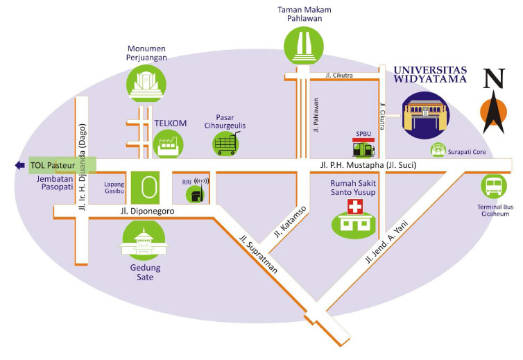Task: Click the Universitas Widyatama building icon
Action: pos(425,115)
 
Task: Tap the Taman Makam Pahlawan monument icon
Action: pos(304,46)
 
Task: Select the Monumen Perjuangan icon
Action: pos(146,83)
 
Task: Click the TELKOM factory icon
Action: pos(168,144)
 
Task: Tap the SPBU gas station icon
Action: pos(363,148)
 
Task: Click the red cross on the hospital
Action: pos(355,207)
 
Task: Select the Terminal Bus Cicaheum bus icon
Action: pos(494,187)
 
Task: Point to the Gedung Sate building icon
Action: pos(144,241)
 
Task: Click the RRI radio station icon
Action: pos(197,191)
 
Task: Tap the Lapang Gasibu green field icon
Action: pos(145,187)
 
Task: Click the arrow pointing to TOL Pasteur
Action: pos(20,165)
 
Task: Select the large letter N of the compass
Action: pos(494,78)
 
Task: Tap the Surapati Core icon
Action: pos(438,150)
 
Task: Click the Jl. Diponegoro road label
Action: pos(148,211)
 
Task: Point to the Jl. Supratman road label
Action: pos(259,254)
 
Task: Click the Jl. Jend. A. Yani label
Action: pos(386,241)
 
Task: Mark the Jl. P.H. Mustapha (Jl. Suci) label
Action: pos(368,165)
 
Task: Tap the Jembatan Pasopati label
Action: pos(55,183)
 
